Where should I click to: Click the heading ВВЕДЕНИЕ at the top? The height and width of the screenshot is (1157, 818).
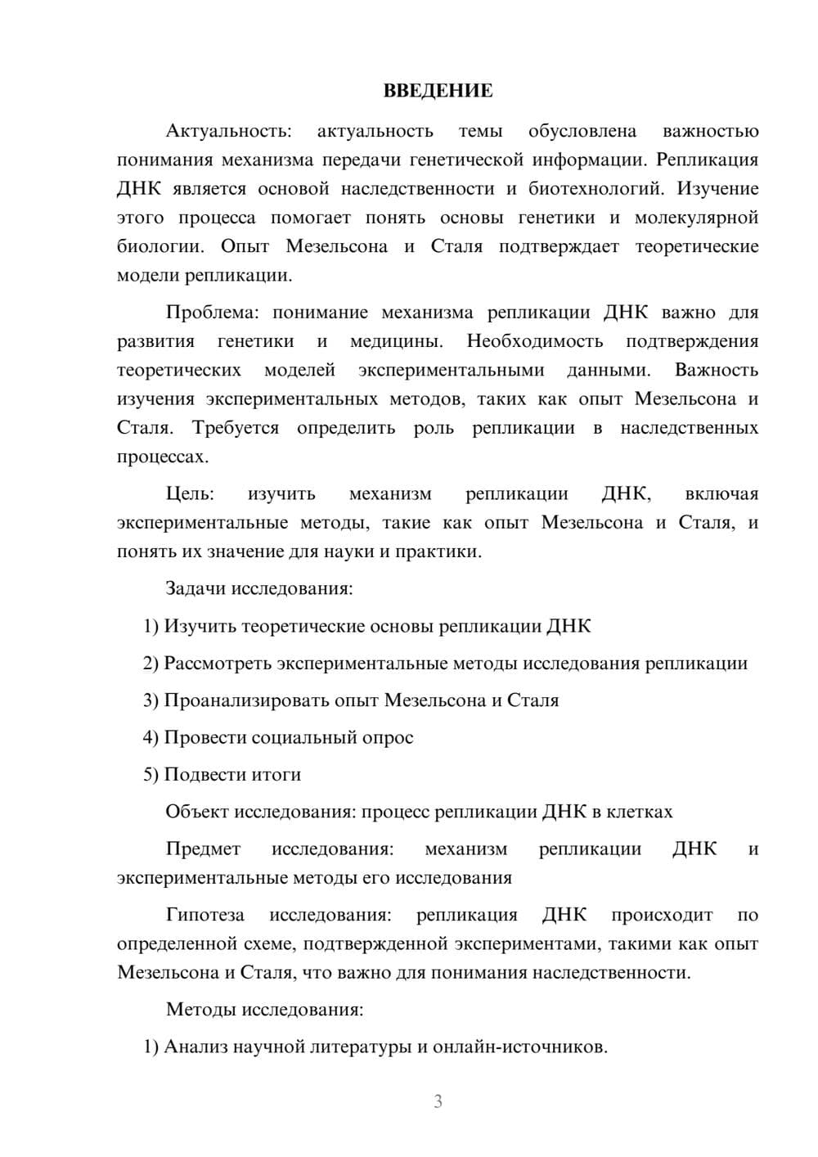(x=438, y=91)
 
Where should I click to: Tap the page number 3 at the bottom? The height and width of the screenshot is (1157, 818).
(x=438, y=1101)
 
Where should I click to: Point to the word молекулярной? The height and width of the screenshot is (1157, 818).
(x=696, y=218)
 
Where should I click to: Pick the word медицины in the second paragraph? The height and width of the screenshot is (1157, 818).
(x=396, y=341)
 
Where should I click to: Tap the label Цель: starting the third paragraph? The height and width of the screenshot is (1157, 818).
(x=190, y=494)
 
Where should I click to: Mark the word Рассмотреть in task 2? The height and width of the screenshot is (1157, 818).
(x=218, y=663)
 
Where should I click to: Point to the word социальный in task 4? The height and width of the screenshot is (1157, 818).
(x=302, y=737)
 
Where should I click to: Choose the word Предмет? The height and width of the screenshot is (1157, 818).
(x=203, y=849)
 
